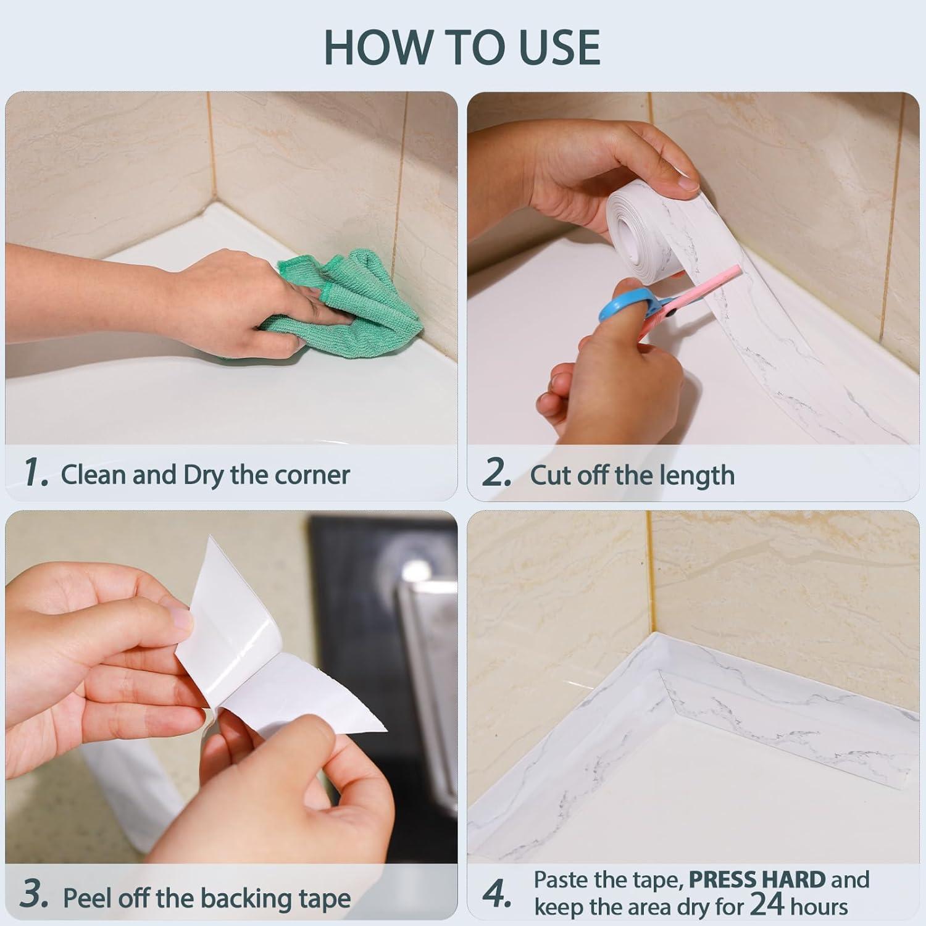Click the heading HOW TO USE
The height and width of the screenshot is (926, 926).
462,47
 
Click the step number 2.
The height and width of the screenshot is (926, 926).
497,473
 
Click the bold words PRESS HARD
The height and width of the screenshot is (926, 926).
757,879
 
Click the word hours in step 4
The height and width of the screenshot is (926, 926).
819,907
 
